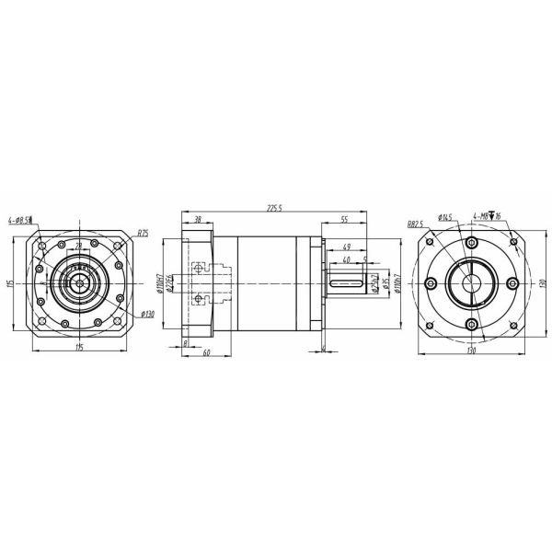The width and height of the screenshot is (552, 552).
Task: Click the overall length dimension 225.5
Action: click(x=275, y=209)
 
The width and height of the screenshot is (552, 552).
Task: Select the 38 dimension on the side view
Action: click(x=197, y=221)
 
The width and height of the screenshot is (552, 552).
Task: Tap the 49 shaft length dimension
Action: click(x=346, y=247)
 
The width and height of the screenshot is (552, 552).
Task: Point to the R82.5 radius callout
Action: click(x=416, y=224)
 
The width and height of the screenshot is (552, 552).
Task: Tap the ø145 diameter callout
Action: click(x=445, y=218)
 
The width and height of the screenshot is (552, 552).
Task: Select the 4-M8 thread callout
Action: click(x=486, y=217)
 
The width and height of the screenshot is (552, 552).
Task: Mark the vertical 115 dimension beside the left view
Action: click(x=8, y=285)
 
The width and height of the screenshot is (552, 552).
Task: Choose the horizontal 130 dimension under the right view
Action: click(x=471, y=351)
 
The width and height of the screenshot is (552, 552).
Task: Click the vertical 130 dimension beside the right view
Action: click(x=544, y=285)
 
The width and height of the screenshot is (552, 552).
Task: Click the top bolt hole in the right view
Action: click(x=471, y=243)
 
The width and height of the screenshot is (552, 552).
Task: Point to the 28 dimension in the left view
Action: click(x=79, y=245)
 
